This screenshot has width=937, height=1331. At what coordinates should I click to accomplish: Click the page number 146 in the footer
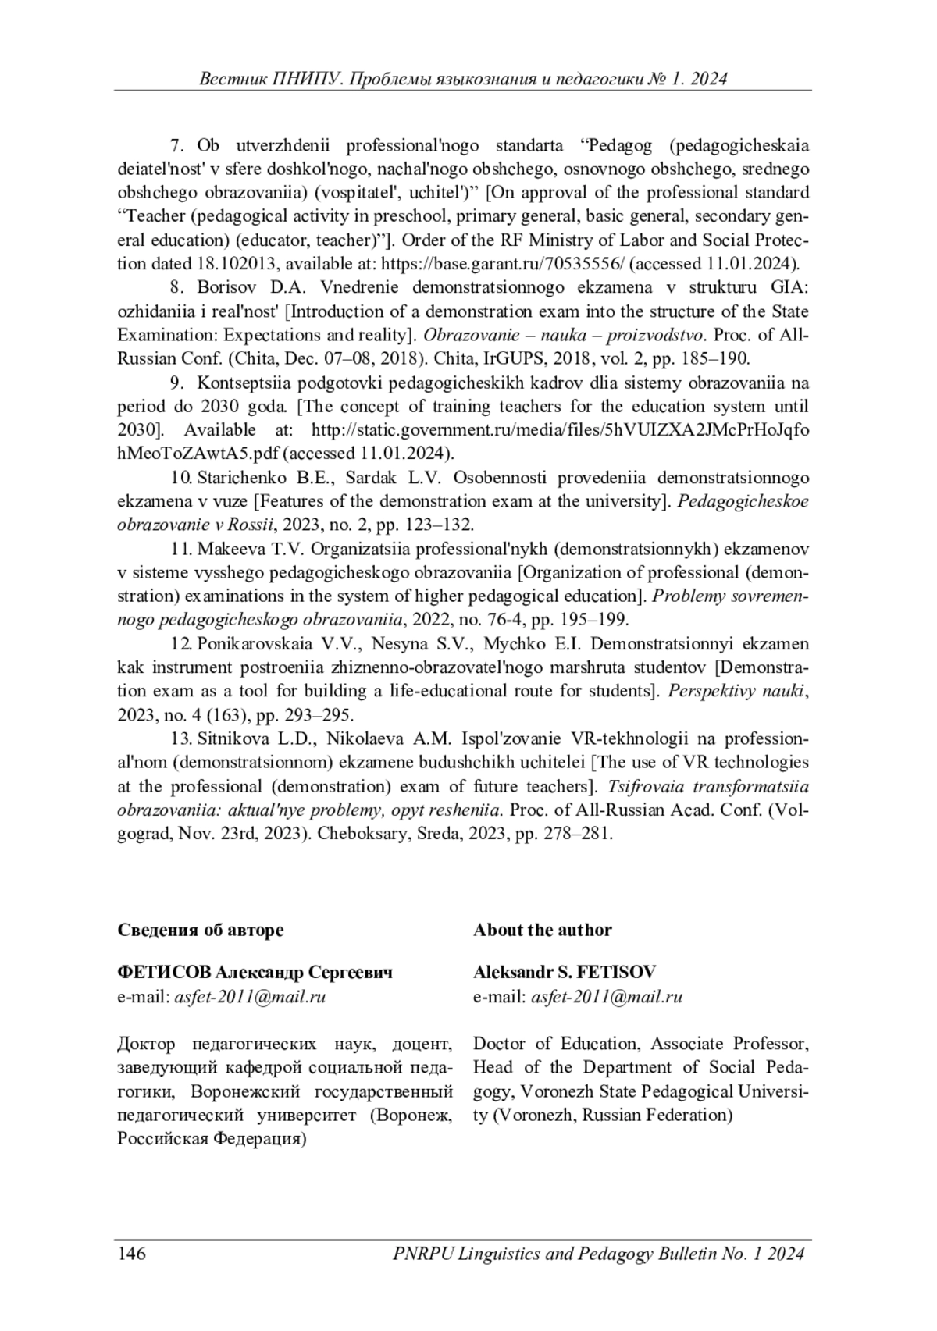coord(132,1254)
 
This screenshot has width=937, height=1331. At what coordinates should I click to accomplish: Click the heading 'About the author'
coord(542,929)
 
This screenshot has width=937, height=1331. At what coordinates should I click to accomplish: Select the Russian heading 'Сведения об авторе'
coord(201,929)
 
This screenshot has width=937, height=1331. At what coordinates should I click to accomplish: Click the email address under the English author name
coord(607,996)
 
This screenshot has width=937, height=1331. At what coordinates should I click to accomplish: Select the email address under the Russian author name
coord(251,996)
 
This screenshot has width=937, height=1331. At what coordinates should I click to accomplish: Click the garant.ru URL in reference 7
coord(503,263)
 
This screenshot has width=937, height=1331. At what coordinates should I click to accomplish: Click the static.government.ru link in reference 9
coord(560,429)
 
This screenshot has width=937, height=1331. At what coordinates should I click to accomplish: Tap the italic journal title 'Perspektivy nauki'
coord(736,691)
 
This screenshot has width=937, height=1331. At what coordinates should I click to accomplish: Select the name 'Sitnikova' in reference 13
coord(233,738)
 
